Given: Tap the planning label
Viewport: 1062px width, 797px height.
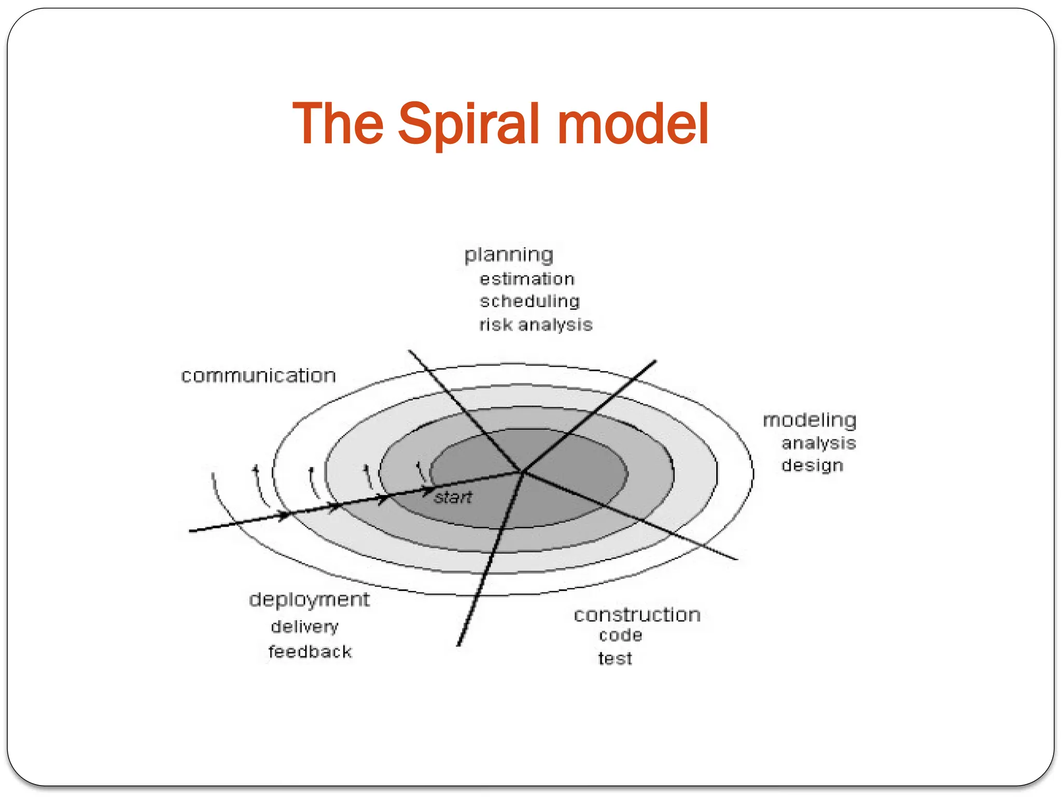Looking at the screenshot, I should (x=509, y=255).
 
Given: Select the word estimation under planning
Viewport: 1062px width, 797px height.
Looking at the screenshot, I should (x=527, y=279).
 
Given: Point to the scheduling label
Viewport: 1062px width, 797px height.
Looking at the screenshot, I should (x=529, y=301).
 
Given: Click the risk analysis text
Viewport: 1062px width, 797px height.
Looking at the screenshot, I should (x=536, y=325).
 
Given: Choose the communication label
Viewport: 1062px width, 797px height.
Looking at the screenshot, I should (x=258, y=376).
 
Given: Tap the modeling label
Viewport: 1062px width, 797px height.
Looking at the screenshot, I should (x=809, y=420).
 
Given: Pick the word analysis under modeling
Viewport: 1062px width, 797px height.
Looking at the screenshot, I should (x=818, y=443).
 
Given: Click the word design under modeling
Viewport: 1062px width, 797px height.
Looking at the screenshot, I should (x=812, y=465).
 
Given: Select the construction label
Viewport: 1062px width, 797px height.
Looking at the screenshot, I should (x=637, y=615).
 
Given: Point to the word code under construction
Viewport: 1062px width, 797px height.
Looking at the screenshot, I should (x=620, y=635).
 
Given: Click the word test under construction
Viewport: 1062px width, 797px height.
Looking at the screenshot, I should (x=615, y=658).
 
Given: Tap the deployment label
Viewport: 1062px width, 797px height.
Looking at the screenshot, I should (x=309, y=600).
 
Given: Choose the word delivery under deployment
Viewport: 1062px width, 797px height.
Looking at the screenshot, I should (x=304, y=627).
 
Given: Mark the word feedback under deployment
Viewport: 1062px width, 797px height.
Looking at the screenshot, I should (x=310, y=652).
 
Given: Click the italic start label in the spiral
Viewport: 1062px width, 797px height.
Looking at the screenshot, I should (x=453, y=498).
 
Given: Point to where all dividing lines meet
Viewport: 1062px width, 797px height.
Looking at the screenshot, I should (x=522, y=472).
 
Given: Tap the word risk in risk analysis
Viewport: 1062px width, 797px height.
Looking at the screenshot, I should (x=495, y=325).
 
